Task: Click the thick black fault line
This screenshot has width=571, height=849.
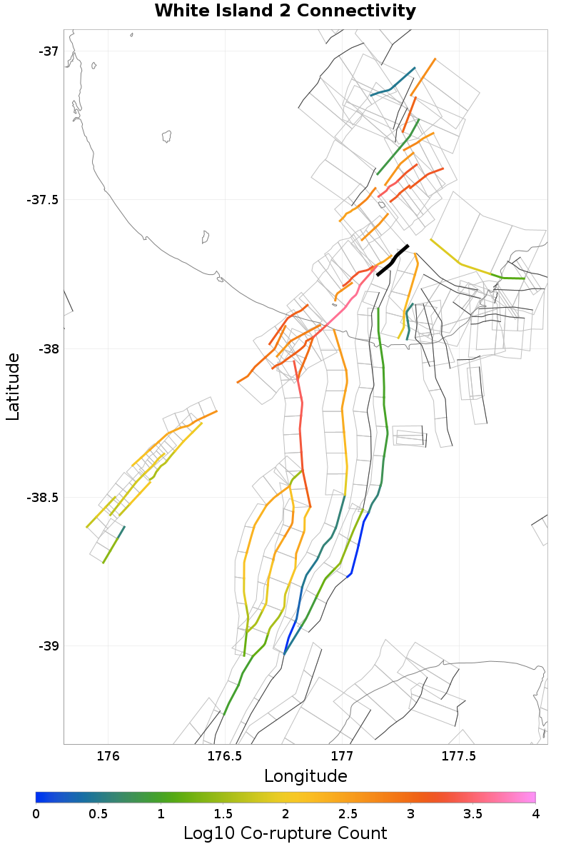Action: [x=392, y=261]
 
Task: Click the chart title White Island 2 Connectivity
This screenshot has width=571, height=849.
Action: [x=285, y=11]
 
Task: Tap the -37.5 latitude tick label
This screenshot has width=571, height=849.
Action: [x=42, y=200]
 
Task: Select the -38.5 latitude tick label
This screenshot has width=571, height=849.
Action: [x=42, y=498]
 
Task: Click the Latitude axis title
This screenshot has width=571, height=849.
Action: [x=13, y=386]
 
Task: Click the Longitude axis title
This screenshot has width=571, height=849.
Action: [x=305, y=776]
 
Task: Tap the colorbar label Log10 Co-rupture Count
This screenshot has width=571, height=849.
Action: [x=285, y=833]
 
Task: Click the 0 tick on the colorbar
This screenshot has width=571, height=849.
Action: [x=36, y=813]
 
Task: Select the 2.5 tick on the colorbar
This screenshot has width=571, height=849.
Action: [x=348, y=813]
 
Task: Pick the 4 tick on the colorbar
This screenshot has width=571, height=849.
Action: [x=535, y=813]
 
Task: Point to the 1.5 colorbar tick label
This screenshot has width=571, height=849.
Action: [x=223, y=813]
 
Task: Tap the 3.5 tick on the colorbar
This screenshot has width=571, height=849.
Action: [x=473, y=813]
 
